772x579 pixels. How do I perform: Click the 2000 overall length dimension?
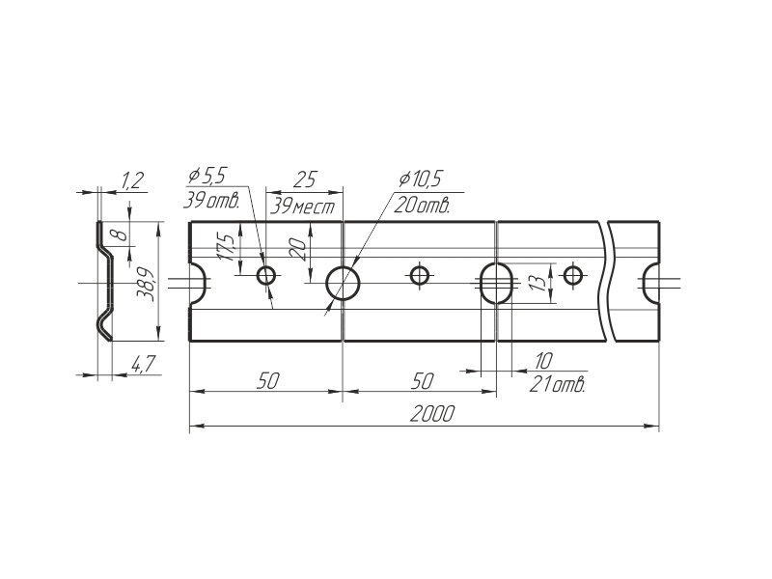[432, 413]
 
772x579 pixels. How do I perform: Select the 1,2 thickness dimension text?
[132, 179]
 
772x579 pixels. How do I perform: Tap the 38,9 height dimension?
[145, 284]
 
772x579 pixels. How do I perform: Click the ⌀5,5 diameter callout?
[207, 177]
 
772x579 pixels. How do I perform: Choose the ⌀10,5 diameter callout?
[419, 179]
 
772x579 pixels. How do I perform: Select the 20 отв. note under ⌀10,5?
[423, 205]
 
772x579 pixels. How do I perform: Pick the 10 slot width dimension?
[542, 361]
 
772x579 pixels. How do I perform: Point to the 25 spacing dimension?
[305, 179]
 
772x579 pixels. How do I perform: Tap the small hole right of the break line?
[573, 277]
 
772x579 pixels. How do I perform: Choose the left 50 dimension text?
[267, 381]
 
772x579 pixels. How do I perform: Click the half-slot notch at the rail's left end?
[198, 283]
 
